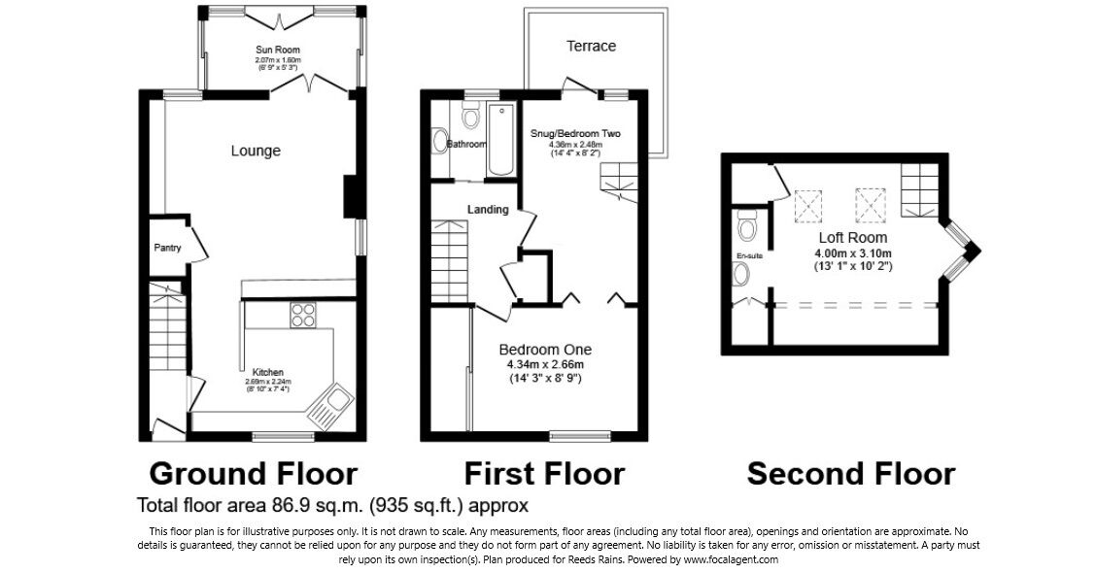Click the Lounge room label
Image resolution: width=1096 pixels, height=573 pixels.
click(x=256, y=151)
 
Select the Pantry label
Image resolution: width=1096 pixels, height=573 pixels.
click(x=167, y=249)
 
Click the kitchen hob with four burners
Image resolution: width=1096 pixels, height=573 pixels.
click(x=303, y=316)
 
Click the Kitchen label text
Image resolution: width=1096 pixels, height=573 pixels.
click(x=268, y=372)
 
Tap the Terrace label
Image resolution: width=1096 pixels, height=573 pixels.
click(x=591, y=46)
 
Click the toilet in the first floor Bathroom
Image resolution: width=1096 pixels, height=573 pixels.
click(x=471, y=118)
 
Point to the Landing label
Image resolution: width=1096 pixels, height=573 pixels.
click(x=488, y=209)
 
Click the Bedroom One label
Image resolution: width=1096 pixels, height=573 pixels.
click(x=545, y=350)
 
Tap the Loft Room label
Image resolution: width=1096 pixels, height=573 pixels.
click(x=851, y=238)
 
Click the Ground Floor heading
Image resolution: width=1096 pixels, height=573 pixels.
click(x=253, y=473)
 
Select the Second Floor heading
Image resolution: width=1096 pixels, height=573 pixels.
click(x=850, y=473)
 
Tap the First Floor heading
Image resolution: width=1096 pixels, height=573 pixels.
click(x=543, y=473)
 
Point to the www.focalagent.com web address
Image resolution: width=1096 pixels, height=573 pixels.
click(x=730, y=559)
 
